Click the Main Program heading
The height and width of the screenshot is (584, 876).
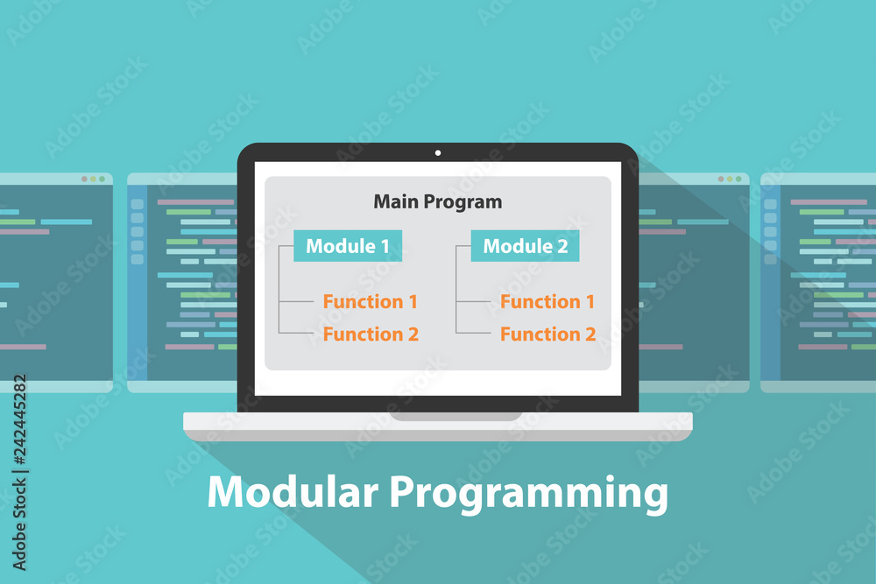(437, 201)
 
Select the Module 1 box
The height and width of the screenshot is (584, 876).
(348, 246)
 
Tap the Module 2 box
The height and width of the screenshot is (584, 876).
(525, 246)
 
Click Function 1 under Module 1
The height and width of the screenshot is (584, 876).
(370, 301)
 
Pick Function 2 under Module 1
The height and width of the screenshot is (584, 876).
(371, 334)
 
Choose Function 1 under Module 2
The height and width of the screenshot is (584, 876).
(547, 301)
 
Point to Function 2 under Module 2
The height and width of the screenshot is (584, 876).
(547, 334)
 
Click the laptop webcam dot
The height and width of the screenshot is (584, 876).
(437, 152)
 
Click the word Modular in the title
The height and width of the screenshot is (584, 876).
(293, 491)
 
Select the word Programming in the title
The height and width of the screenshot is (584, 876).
(528, 494)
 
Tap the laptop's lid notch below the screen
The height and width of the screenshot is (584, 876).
(456, 417)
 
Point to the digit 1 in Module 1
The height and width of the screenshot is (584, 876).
(385, 246)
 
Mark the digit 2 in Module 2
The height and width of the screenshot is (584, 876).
(562, 246)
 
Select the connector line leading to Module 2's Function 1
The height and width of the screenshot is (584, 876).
(474, 301)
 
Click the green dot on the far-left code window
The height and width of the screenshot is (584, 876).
(102, 179)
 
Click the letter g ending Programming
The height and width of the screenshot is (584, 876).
(657, 498)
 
